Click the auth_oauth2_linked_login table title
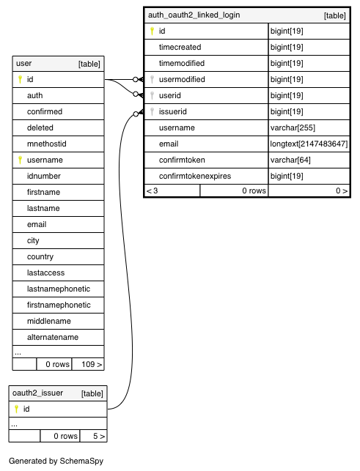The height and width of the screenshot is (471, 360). [194, 15]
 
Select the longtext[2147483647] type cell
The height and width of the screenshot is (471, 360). [309, 144]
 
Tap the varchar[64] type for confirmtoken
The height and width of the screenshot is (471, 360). [290, 160]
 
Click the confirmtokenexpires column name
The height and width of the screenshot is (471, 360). [195, 176]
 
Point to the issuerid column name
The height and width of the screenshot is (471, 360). [172, 112]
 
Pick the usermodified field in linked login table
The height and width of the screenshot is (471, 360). [182, 79]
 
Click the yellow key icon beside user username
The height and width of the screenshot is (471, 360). [20, 160]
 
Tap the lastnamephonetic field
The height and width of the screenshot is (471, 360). [59, 289]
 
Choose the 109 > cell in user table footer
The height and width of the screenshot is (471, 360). [88, 364]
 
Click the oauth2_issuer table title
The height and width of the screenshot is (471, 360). [37, 393]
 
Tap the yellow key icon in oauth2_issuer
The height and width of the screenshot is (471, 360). [17, 409]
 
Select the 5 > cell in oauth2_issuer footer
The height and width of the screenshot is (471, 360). [94, 436]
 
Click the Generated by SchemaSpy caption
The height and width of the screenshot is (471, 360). [56, 461]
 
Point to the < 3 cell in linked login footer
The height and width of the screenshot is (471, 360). [172, 190]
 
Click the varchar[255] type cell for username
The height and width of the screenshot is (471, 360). [293, 127]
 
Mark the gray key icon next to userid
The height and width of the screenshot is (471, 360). [153, 95]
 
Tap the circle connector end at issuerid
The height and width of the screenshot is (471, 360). [136, 114]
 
